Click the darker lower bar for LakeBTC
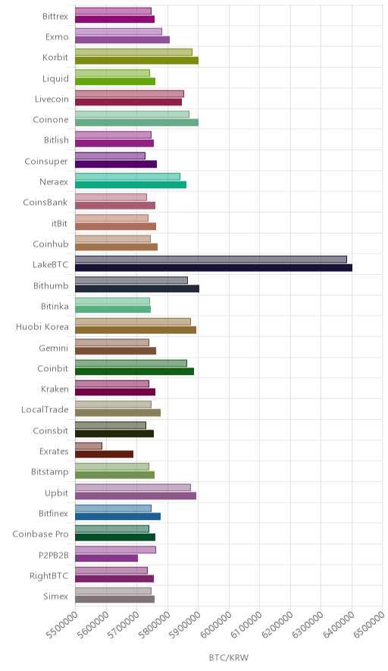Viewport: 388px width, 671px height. pyautogui.click(x=214, y=268)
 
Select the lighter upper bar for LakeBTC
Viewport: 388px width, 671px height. pyautogui.click(x=211, y=260)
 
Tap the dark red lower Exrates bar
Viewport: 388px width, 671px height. pyautogui.click(x=105, y=454)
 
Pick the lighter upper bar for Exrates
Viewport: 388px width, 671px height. pyautogui.click(x=89, y=446)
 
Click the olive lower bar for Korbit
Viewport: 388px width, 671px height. pyautogui.click(x=136, y=60)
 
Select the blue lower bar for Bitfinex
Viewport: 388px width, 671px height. pyautogui.click(x=118, y=516)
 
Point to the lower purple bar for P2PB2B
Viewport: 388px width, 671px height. pyautogui.click(x=106, y=558)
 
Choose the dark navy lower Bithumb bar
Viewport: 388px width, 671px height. pyautogui.click(x=137, y=288)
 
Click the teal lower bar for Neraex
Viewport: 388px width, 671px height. pyautogui.click(x=131, y=185)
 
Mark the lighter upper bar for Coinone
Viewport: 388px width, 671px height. pyautogui.click(x=132, y=115)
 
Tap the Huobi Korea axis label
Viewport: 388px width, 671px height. pyautogui.click(x=42, y=327)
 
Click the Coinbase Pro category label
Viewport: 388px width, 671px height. pyautogui.click(x=40, y=534)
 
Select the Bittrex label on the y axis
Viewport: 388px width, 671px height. pyautogui.click(x=55, y=16)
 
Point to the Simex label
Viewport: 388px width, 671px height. pyautogui.click(x=55, y=596)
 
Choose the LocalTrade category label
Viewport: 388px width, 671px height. pyautogui.click(x=45, y=410)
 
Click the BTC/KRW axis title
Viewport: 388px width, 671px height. pyautogui.click(x=229, y=658)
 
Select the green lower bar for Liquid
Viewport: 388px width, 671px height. pyautogui.click(x=115, y=81)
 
